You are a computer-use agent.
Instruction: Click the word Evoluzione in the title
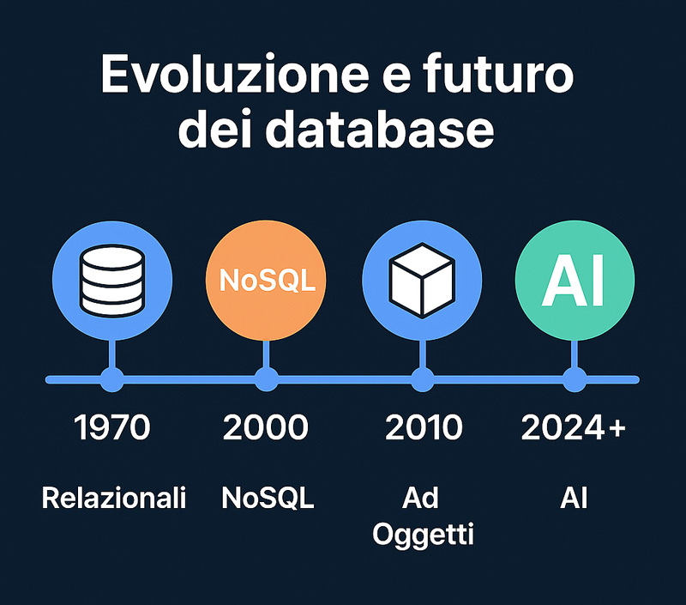coord(235,74)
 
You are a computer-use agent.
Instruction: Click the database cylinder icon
coord(112,281)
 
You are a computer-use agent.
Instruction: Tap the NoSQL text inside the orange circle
coord(267,280)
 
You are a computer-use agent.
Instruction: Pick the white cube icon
coord(422,281)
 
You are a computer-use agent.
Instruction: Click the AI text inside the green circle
coord(573,281)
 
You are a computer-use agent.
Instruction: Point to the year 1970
coord(112,427)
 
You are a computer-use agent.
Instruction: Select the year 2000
coord(266,427)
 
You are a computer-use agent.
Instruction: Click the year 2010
coord(424,427)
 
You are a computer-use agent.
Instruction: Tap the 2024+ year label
coord(574,427)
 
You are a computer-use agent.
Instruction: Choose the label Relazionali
coord(114,499)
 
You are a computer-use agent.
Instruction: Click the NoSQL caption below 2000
coord(268,499)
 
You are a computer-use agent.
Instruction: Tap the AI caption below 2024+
coord(574,499)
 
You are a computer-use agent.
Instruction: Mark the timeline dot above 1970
coord(112,379)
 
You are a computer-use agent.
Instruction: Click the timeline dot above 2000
coord(267,379)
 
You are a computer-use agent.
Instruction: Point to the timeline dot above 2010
coord(422,379)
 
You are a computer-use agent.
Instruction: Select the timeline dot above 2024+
coord(574,379)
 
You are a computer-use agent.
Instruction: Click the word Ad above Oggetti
coord(420,498)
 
